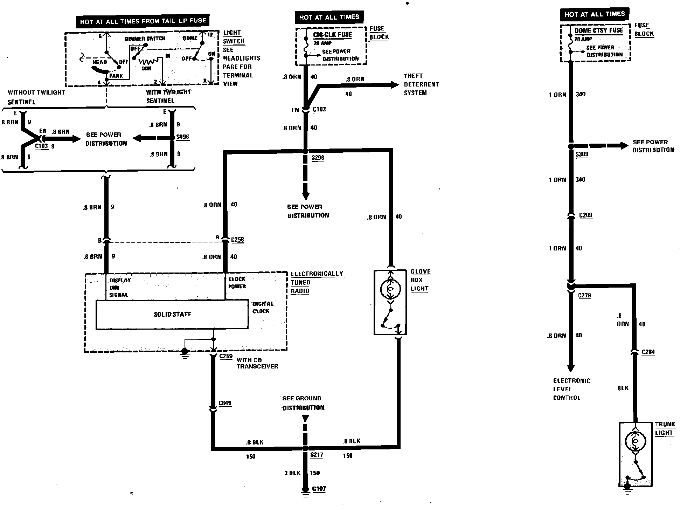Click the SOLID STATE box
pos(172,315)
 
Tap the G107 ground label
pos(319,489)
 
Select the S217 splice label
pos(317,455)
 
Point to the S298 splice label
pos(318,158)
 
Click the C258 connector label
pos(237,240)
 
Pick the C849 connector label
pos(225,403)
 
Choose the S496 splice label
pos(182,137)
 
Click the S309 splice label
pos(582,154)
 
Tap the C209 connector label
pos(586,215)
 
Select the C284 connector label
pos(648,352)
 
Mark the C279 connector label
pos(584,295)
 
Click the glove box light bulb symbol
pos(390,288)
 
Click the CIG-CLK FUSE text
pos(332,35)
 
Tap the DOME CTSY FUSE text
pos(599,30)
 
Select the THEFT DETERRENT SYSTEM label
pos(421,84)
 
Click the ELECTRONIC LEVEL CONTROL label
pos(571,389)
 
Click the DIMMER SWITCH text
pos(145,39)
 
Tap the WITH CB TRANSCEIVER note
pos(257,363)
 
